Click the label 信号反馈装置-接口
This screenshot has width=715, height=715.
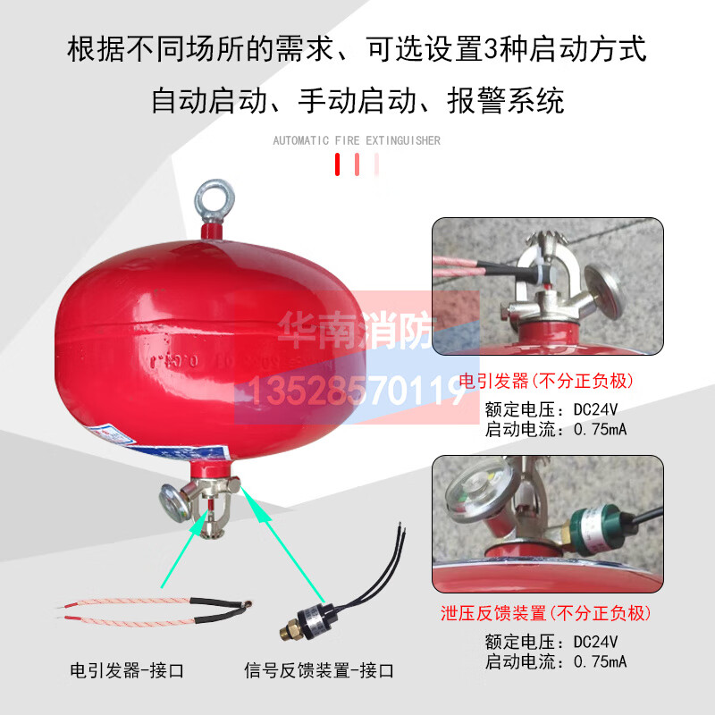[x=319, y=669]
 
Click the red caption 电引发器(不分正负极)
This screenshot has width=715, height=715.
[x=546, y=382]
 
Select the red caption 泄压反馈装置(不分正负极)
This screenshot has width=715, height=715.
[x=546, y=614]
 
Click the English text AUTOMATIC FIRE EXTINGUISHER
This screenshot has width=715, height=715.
[x=357, y=140]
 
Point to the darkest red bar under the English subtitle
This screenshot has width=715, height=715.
[x=338, y=164]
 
